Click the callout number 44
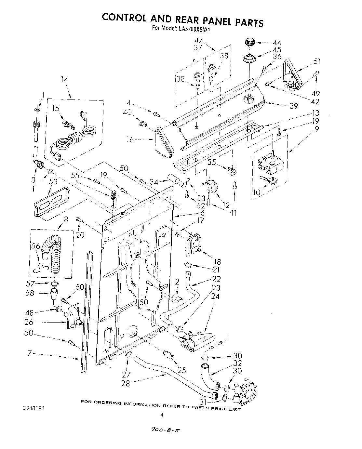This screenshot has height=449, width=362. click(277, 43)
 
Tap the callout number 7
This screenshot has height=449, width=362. click(29, 354)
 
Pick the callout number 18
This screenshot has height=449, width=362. click(217, 261)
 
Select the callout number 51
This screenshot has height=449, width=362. click(317, 61)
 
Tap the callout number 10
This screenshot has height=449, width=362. click(257, 192)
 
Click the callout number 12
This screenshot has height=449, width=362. click(226, 205)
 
